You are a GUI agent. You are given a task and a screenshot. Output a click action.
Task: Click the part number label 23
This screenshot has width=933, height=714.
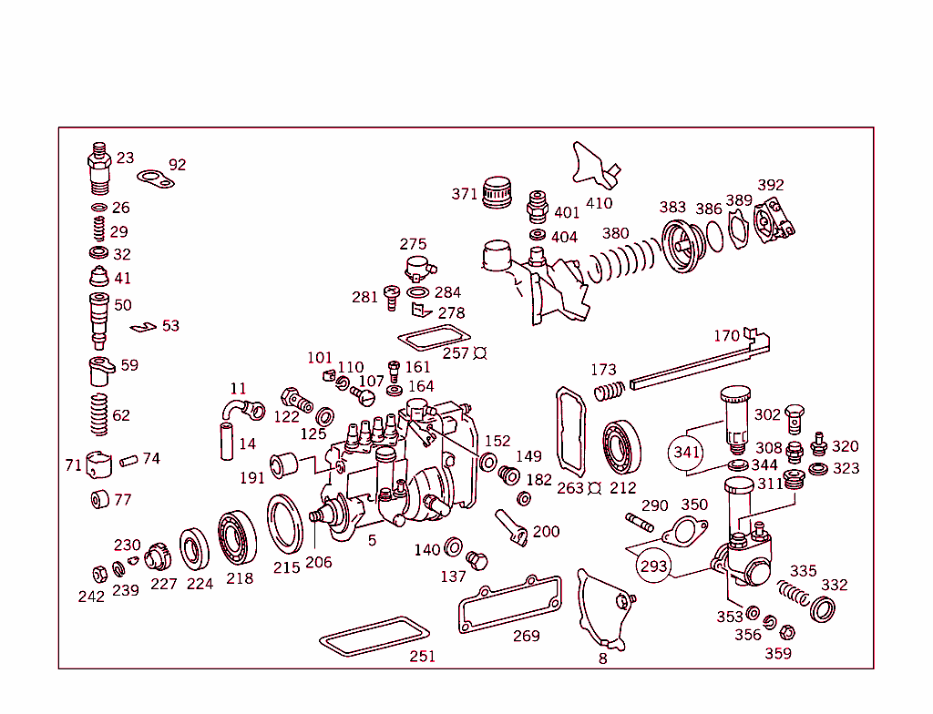click(125, 158)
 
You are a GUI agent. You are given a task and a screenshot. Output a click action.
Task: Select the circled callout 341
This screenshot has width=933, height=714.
click(686, 452)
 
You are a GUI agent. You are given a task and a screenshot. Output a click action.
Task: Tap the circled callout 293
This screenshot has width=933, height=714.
click(654, 566)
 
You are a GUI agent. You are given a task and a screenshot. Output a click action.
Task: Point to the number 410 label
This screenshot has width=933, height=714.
click(599, 203)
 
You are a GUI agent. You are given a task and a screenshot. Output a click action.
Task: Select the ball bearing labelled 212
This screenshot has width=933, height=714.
click(623, 446)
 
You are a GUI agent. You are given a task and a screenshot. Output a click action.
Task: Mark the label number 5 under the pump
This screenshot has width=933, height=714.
click(372, 541)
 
